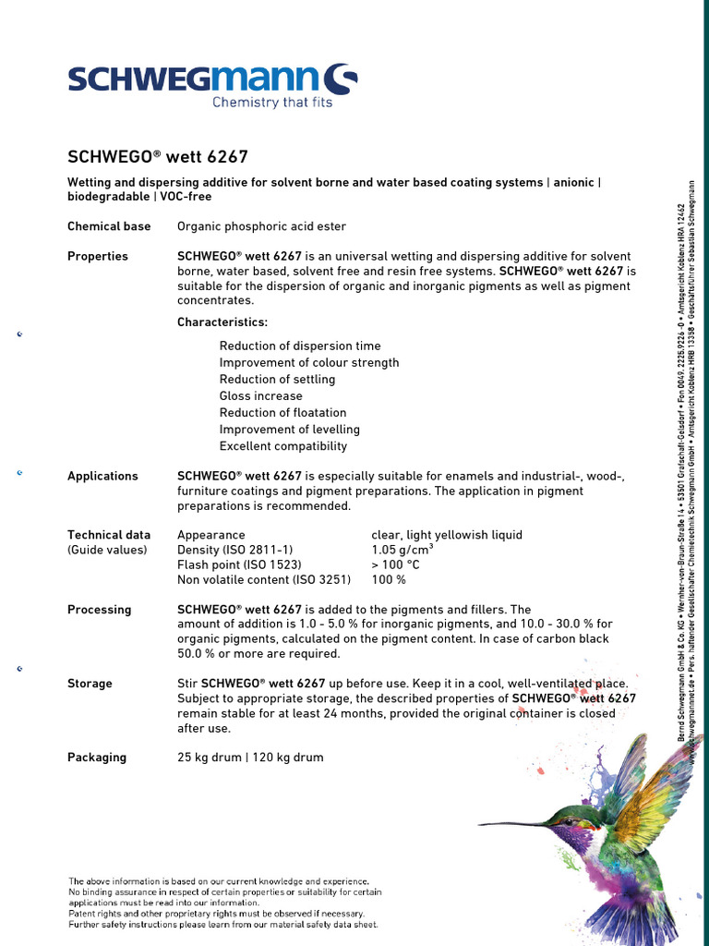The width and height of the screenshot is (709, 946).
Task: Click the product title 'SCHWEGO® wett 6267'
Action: click(x=158, y=157)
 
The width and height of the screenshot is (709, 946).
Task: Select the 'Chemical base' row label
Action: click(x=109, y=226)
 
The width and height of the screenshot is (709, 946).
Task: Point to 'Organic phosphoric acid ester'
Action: click(x=262, y=226)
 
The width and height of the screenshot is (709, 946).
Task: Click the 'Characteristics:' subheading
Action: click(x=222, y=322)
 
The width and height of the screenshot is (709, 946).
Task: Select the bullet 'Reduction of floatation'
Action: click(x=282, y=413)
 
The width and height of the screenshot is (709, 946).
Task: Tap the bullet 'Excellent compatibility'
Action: click(x=282, y=446)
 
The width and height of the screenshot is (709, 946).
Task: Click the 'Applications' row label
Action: click(x=102, y=476)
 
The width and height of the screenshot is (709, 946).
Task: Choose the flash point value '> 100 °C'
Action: click(x=395, y=564)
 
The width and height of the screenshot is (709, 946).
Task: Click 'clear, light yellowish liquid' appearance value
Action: click(x=447, y=535)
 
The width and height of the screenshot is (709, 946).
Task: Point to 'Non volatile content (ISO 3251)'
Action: click(x=264, y=580)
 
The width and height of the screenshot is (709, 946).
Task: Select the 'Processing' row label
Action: click(x=100, y=610)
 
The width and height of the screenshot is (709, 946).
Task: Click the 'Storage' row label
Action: click(x=90, y=684)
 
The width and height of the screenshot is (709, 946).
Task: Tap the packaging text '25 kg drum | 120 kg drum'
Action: click(x=250, y=758)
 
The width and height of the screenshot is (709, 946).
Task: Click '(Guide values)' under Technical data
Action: click(x=107, y=550)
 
